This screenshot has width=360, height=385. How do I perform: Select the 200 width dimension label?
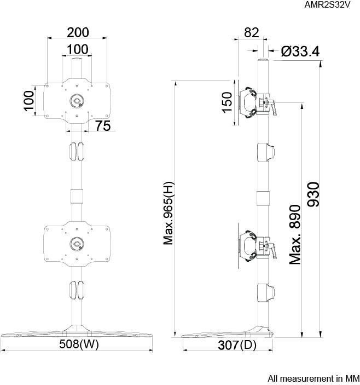pyautogui.click(x=77, y=31)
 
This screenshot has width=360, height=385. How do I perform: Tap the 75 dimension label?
pyautogui.click(x=102, y=125)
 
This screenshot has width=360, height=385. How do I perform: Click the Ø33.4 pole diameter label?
pyautogui.click(x=300, y=51)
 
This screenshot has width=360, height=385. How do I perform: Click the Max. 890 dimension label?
pyautogui.click(x=295, y=234)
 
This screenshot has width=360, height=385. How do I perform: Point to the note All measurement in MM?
pyautogui.click(x=313, y=378)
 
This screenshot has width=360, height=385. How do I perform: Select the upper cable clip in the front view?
pyautogui.click(x=77, y=151)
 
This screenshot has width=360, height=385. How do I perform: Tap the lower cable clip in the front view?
pyautogui.click(x=77, y=290)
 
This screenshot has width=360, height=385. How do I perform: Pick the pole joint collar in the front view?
pyautogui.click(x=77, y=196)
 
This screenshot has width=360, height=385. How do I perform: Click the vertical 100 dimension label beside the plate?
pyautogui.click(x=29, y=100)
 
